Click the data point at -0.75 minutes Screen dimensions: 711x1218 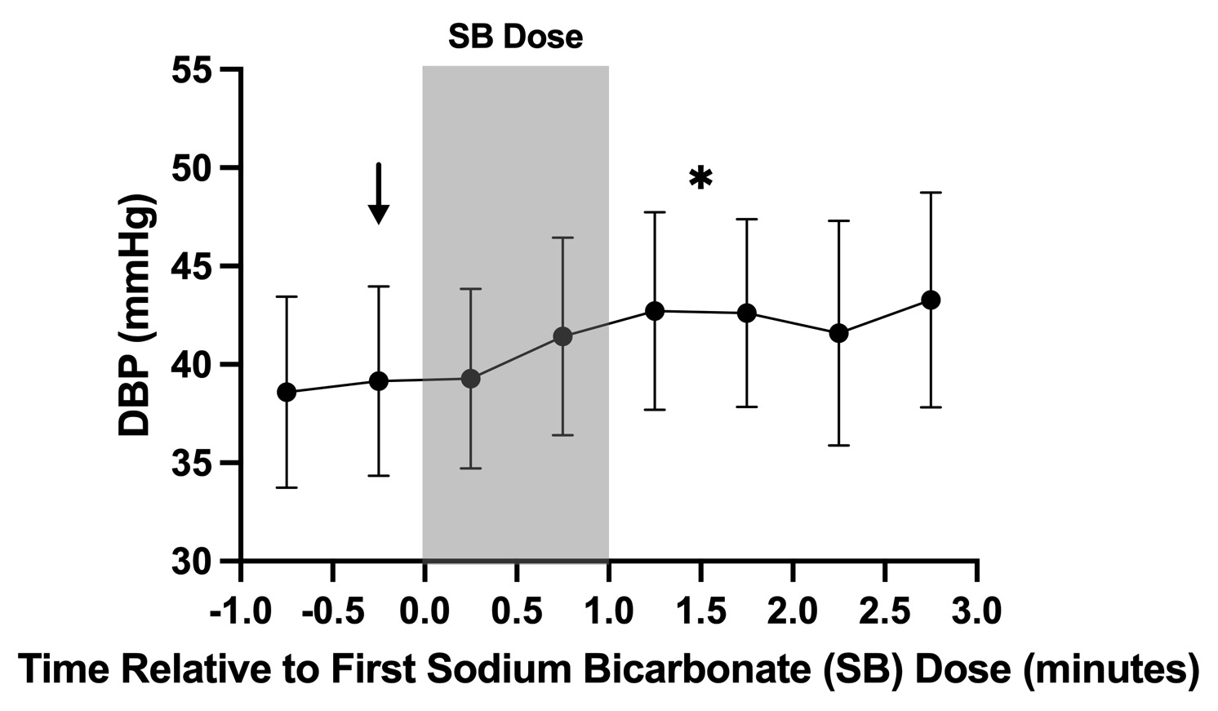point(287,392)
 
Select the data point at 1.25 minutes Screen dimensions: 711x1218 point(655,311)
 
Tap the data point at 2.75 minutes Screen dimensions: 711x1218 point(931,300)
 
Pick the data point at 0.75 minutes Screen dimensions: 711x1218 point(562,336)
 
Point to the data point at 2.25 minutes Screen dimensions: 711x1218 point(838,333)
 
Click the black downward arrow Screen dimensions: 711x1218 point(378,193)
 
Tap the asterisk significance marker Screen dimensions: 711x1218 point(700,179)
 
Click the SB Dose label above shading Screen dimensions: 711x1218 point(515,37)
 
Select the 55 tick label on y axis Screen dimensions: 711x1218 point(192,70)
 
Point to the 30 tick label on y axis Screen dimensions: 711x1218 point(192,562)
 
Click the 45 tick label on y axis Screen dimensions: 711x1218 point(192,267)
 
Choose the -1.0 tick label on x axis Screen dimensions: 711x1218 point(239,611)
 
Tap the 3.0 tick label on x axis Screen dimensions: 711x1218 point(977,611)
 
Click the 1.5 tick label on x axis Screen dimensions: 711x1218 point(700,611)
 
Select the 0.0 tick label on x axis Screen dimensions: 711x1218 point(424,611)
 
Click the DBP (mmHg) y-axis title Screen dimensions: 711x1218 point(136,316)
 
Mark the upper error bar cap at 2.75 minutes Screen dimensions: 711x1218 point(931,193)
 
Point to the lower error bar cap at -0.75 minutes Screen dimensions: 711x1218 point(287,487)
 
